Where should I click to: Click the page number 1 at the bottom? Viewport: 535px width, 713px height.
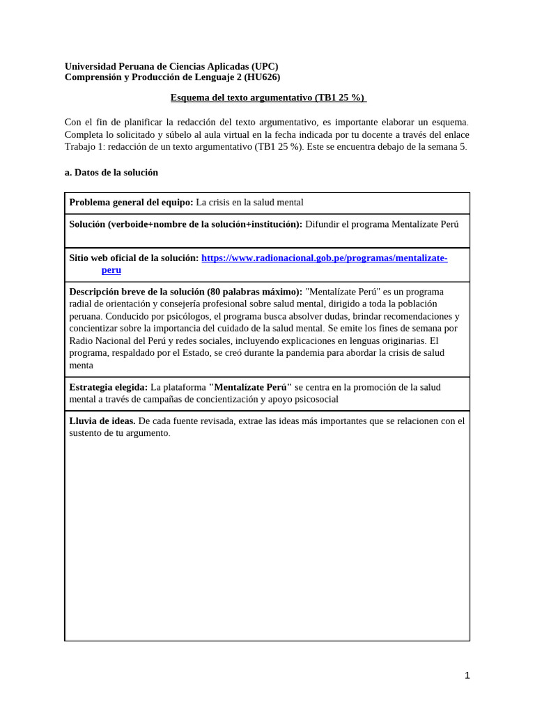[x=467, y=675]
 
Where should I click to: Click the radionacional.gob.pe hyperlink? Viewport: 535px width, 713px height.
[x=324, y=258]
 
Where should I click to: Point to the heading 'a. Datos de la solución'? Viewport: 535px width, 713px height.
[x=111, y=172]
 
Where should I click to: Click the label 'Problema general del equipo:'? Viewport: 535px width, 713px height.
[x=131, y=203]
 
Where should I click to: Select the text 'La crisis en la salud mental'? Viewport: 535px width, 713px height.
[x=249, y=203]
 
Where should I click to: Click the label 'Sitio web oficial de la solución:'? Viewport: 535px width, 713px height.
[x=134, y=258]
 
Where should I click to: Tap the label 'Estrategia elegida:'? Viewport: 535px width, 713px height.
[x=108, y=387]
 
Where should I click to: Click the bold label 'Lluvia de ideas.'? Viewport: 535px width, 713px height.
[x=102, y=421]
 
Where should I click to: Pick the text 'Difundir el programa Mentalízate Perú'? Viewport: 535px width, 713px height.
[x=382, y=224]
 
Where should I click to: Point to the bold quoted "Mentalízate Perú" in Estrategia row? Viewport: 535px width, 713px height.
[x=250, y=387]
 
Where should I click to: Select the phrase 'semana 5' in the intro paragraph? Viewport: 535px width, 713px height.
[x=447, y=146]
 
